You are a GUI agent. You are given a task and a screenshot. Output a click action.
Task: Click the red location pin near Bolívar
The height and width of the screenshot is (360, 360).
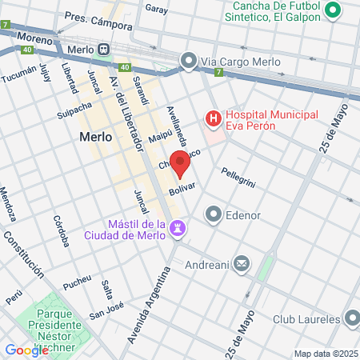[x=180, y=162]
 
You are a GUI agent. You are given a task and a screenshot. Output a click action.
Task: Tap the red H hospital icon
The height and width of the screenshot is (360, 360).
[x=214, y=120]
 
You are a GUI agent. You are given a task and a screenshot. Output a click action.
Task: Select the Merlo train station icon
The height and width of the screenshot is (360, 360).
[x=102, y=49]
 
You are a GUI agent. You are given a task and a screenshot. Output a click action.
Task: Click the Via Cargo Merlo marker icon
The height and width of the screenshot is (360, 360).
[x=189, y=60]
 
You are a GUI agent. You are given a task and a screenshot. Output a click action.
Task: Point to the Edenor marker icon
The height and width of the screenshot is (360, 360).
[x=214, y=214]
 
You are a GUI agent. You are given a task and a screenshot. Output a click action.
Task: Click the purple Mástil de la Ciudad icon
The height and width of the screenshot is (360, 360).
[x=179, y=228]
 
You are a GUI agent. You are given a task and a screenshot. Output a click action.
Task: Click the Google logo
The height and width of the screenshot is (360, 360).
[x=26, y=350]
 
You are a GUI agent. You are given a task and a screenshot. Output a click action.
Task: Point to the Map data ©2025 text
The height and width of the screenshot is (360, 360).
[x=326, y=354]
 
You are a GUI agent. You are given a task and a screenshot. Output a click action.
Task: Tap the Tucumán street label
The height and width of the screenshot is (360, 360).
[x=18, y=77]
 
